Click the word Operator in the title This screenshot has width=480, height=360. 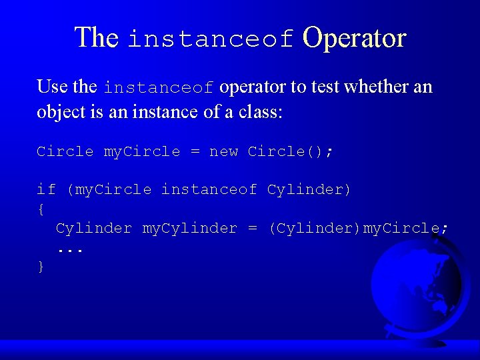(354, 38)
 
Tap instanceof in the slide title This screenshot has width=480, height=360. (211, 39)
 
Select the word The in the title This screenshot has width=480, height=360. (96, 38)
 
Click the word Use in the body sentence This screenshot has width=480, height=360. (52, 87)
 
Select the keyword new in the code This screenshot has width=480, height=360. (223, 151)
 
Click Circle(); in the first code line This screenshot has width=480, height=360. (290, 151)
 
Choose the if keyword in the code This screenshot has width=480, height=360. (46, 189)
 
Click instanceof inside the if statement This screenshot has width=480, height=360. (209, 189)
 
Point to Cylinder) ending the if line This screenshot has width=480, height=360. (309, 189)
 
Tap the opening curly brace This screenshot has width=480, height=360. (41, 209)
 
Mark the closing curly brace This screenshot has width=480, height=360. (41, 266)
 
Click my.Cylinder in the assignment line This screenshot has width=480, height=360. (189, 228)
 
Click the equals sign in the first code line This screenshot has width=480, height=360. (195, 151)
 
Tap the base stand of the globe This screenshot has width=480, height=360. (427, 340)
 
